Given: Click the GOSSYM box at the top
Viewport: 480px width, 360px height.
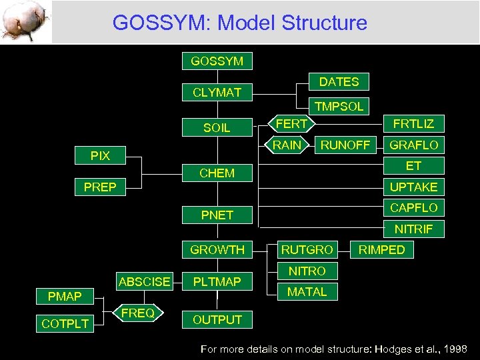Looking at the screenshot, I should pyautogui.click(x=217, y=61).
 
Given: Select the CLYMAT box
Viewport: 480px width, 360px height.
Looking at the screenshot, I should pyautogui.click(x=217, y=92).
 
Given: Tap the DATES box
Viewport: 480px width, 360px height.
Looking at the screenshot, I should pyautogui.click(x=339, y=82).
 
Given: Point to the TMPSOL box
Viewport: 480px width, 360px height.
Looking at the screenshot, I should pyautogui.click(x=339, y=106).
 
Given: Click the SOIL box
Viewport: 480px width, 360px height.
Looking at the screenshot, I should pyautogui.click(x=217, y=127).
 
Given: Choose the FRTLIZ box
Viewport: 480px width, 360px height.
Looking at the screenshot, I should pyautogui.click(x=413, y=124).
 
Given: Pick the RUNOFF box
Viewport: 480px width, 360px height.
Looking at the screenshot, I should pyautogui.click(x=345, y=145).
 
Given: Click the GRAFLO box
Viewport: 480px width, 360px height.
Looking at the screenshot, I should pyautogui.click(x=413, y=145).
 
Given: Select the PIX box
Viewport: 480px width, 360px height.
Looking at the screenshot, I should pyautogui.click(x=100, y=156).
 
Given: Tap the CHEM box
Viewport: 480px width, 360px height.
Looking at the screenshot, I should pyautogui.click(x=217, y=173).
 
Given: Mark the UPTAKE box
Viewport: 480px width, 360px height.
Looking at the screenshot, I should pyautogui.click(x=413, y=187).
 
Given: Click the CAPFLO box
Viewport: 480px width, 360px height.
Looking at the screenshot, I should pyautogui.click(x=413, y=208).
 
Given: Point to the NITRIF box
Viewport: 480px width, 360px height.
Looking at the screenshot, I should pyautogui.click(x=413, y=229).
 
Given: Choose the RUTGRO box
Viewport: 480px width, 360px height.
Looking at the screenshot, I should pyautogui.click(x=307, y=250).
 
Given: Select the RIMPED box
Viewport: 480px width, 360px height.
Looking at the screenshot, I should pyautogui.click(x=382, y=250).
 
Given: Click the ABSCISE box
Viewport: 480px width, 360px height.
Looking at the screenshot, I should pyautogui.click(x=144, y=281).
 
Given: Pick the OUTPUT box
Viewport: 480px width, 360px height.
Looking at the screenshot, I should pyautogui.click(x=217, y=320).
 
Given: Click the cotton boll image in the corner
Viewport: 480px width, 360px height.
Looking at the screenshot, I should pyautogui.click(x=25, y=21).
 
